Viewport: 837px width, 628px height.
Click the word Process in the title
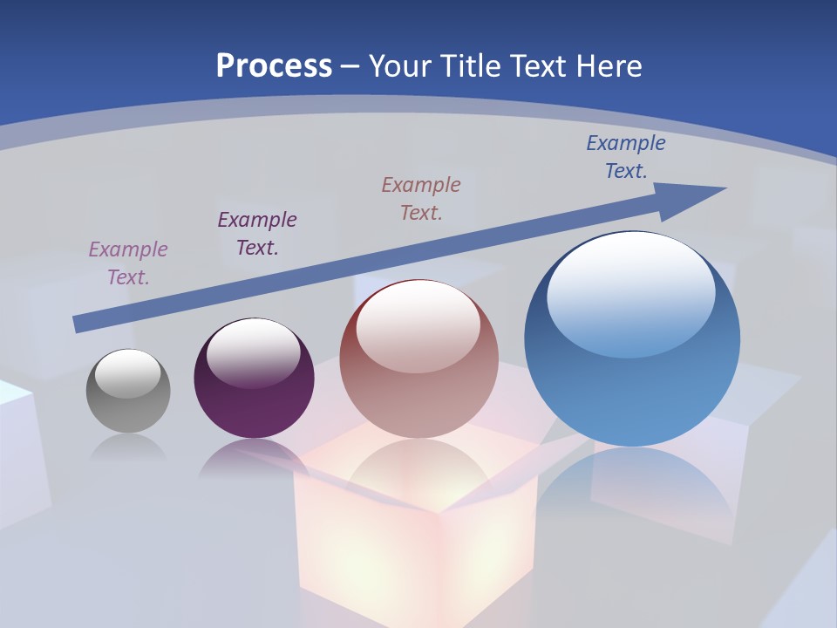pyautogui.click(x=274, y=66)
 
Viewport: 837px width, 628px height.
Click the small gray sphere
pyautogui.click(x=128, y=401)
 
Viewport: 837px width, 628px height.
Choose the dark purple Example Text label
pyautogui.click(x=257, y=233)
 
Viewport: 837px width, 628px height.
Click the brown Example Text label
pyautogui.click(x=421, y=198)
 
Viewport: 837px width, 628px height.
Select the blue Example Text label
pyautogui.click(x=626, y=156)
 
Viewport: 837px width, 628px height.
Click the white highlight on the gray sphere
pyautogui.click(x=127, y=373)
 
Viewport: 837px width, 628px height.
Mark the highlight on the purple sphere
pyautogui.click(x=253, y=351)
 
